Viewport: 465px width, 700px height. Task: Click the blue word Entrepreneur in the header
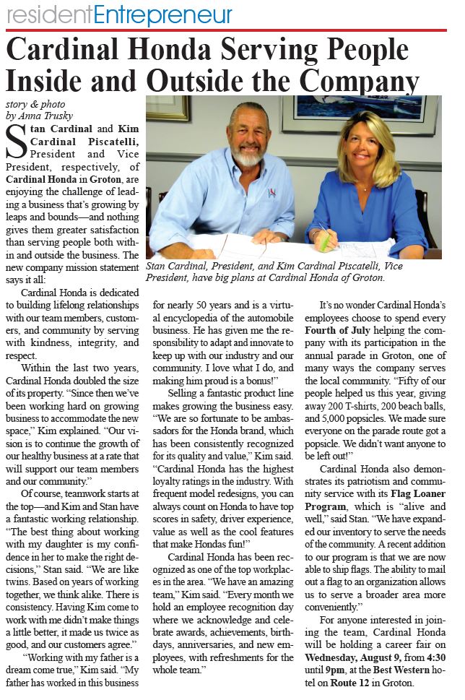pyautogui.click(x=163, y=14)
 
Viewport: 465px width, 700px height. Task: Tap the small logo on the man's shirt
pyautogui.click(x=272, y=192)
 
